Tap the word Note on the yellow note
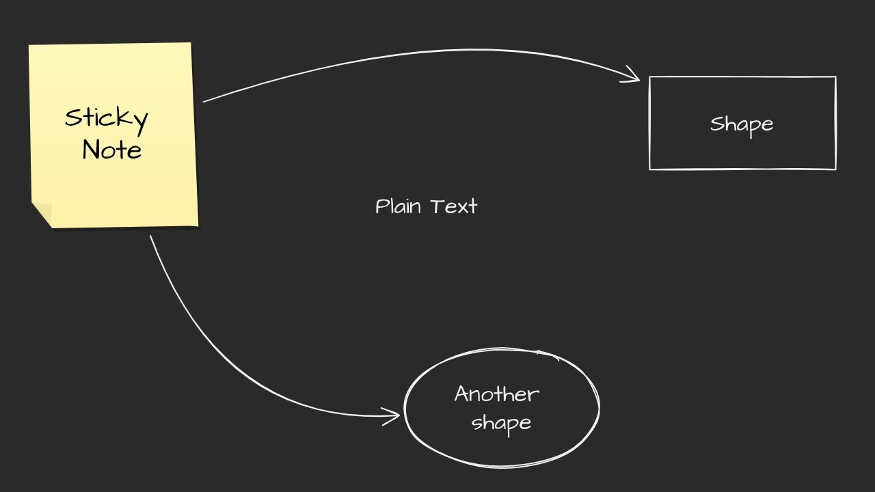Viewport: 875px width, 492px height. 111,150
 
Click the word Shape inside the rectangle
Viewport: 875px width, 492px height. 742,125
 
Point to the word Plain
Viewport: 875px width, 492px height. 397,206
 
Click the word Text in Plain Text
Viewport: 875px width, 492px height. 454,206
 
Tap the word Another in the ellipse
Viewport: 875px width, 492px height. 497,394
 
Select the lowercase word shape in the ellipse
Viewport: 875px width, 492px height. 501,423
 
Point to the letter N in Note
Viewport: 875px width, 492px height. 90,150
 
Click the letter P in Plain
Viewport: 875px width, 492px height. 381,206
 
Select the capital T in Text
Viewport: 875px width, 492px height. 437,206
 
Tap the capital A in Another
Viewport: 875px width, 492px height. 462,394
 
